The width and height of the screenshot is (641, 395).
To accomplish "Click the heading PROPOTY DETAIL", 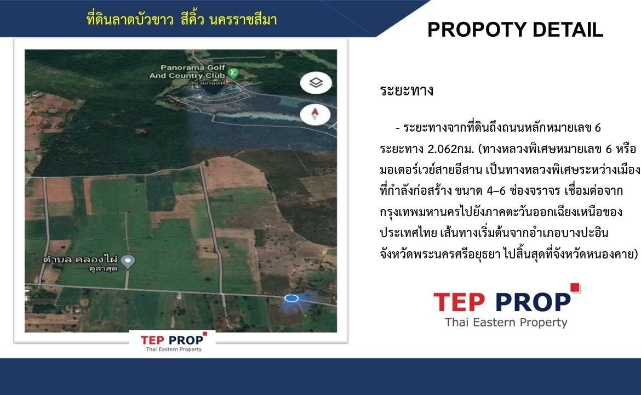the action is (x=515, y=30).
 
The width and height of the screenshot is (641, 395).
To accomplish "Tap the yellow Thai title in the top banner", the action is (x=182, y=19).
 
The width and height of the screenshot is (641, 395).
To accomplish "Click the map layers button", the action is (x=316, y=83).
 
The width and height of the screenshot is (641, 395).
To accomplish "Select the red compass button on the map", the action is (x=315, y=114).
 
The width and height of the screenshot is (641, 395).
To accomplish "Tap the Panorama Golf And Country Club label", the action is (x=187, y=71).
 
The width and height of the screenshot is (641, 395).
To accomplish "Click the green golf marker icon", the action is (x=234, y=73).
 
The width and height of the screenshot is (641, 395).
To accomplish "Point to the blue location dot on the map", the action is (x=291, y=298).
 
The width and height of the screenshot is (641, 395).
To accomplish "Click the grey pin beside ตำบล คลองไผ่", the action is (x=128, y=262).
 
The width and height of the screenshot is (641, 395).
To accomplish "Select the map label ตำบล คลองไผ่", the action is (x=80, y=259).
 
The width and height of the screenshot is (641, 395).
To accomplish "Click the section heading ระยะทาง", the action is (x=407, y=90).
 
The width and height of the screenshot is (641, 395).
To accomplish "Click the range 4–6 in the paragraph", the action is (x=496, y=191).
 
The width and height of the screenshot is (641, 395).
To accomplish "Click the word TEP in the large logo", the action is (x=459, y=302).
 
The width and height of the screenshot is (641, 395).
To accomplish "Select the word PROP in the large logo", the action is (x=534, y=302).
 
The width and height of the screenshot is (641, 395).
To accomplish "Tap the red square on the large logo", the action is (x=576, y=288).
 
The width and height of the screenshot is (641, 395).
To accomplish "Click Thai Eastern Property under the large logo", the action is (x=506, y=323).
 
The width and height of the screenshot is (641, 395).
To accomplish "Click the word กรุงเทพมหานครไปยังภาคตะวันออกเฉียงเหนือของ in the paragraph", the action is (x=501, y=212).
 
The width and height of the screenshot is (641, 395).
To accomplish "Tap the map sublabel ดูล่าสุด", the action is (x=103, y=269).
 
